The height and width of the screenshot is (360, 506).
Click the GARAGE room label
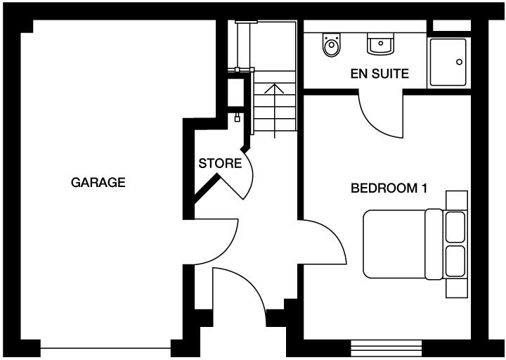[x=98, y=183]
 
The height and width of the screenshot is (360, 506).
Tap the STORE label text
[x=220, y=164]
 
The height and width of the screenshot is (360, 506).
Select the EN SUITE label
[x=379, y=73]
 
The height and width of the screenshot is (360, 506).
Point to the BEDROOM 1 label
[x=389, y=188]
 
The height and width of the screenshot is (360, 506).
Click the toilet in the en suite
[x=331, y=46]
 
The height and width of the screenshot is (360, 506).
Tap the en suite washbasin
[x=379, y=44]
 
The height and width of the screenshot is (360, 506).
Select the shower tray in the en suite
[x=448, y=63]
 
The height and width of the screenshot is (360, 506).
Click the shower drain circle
[x=459, y=62]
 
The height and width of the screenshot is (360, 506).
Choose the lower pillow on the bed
[x=455, y=261]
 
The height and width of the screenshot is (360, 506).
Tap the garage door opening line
[x=105, y=347]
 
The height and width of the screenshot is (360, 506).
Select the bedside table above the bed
[x=457, y=200]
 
